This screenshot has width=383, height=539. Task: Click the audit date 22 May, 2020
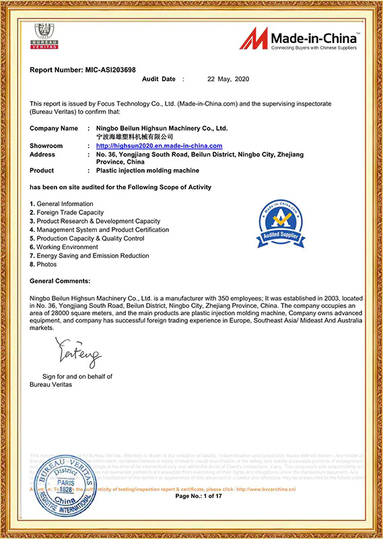coord(228,80)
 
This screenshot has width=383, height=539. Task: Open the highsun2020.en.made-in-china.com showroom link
coord(159,146)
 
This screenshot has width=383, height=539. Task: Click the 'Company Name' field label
coord(54,128)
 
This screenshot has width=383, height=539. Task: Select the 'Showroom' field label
coord(46,146)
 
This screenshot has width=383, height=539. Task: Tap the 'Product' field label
coord(42,171)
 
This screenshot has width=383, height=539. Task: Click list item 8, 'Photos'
coord(43,265)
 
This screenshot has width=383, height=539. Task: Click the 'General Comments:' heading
coord(60,280)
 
